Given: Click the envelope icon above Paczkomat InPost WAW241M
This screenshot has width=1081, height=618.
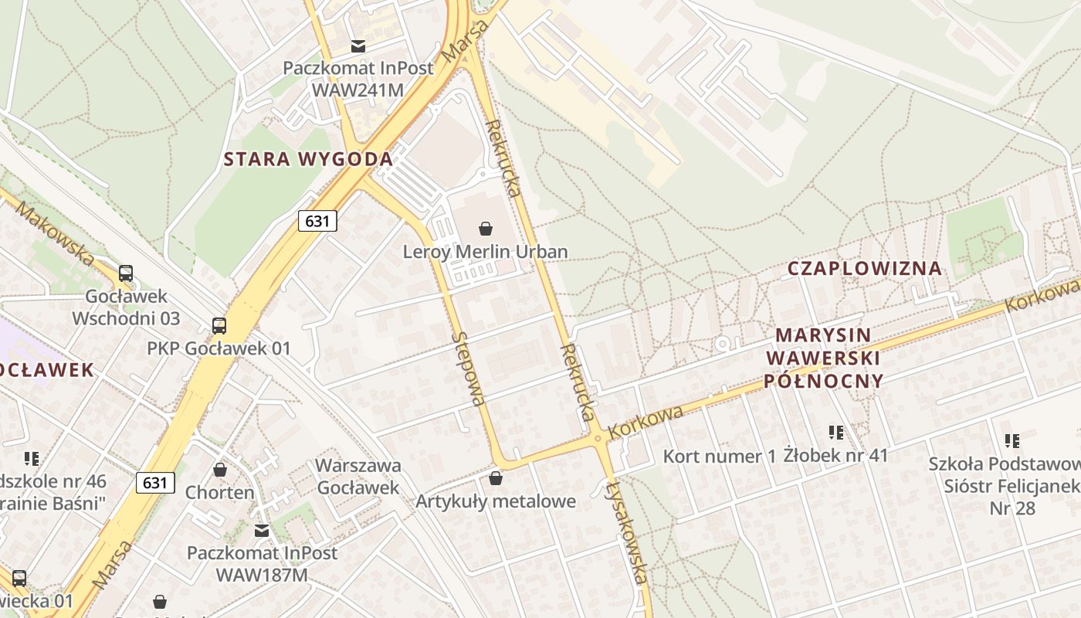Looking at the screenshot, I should point(358,46).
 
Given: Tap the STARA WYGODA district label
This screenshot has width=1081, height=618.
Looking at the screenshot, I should point(308,160).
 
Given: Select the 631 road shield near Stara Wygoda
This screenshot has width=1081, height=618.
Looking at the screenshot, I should point(317,222).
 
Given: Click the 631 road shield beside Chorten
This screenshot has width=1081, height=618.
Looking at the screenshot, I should point(155,483).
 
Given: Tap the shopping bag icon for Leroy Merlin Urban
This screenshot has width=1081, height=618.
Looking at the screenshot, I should point(486,229).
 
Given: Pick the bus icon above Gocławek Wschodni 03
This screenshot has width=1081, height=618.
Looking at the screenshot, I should point(126,273).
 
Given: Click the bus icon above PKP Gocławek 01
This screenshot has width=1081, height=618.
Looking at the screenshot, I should point(219,325).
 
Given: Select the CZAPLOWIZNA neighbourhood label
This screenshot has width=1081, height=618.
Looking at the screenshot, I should point(865,269).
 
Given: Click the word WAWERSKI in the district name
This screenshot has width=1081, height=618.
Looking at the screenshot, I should point(822,358).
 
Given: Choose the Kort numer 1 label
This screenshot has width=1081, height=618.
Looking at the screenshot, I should point(719,457).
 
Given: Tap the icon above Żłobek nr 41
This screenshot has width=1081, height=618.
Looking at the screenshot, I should point(836,433).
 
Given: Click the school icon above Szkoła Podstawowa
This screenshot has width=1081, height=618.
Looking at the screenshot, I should point(1012,441).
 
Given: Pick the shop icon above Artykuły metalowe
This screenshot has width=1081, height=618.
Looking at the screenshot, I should point(496,479).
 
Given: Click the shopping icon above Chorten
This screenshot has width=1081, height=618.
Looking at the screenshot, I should point(220,470).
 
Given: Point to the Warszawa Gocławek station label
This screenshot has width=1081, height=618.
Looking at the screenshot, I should point(359,477).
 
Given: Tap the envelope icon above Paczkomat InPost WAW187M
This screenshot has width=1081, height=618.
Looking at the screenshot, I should point(262,531).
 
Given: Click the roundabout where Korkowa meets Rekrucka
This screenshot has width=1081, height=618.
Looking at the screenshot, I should point(597,438).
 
